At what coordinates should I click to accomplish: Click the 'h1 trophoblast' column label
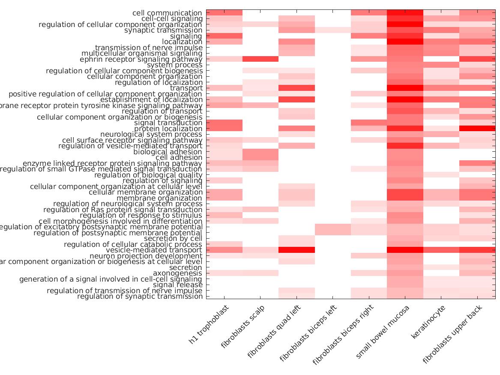tap(210, 324)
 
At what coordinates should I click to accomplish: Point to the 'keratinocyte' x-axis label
tap(428, 321)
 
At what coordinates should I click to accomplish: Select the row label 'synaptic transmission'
tap(163, 30)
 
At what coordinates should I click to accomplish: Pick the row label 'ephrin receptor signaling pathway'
tap(141, 59)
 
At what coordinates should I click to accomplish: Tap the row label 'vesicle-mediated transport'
tap(154, 250)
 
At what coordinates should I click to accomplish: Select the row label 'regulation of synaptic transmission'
tap(140, 296)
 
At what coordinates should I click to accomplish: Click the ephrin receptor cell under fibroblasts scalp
tap(260, 59)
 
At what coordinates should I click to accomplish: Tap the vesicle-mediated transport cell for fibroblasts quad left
tap(296, 250)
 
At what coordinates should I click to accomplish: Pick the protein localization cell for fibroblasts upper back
tap(477, 129)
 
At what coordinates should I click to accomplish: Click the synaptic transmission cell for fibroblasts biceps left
tap(333, 30)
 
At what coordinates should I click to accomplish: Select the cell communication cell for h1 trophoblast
tap(224, 13)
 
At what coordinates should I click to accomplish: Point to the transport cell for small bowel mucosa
tap(405, 88)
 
